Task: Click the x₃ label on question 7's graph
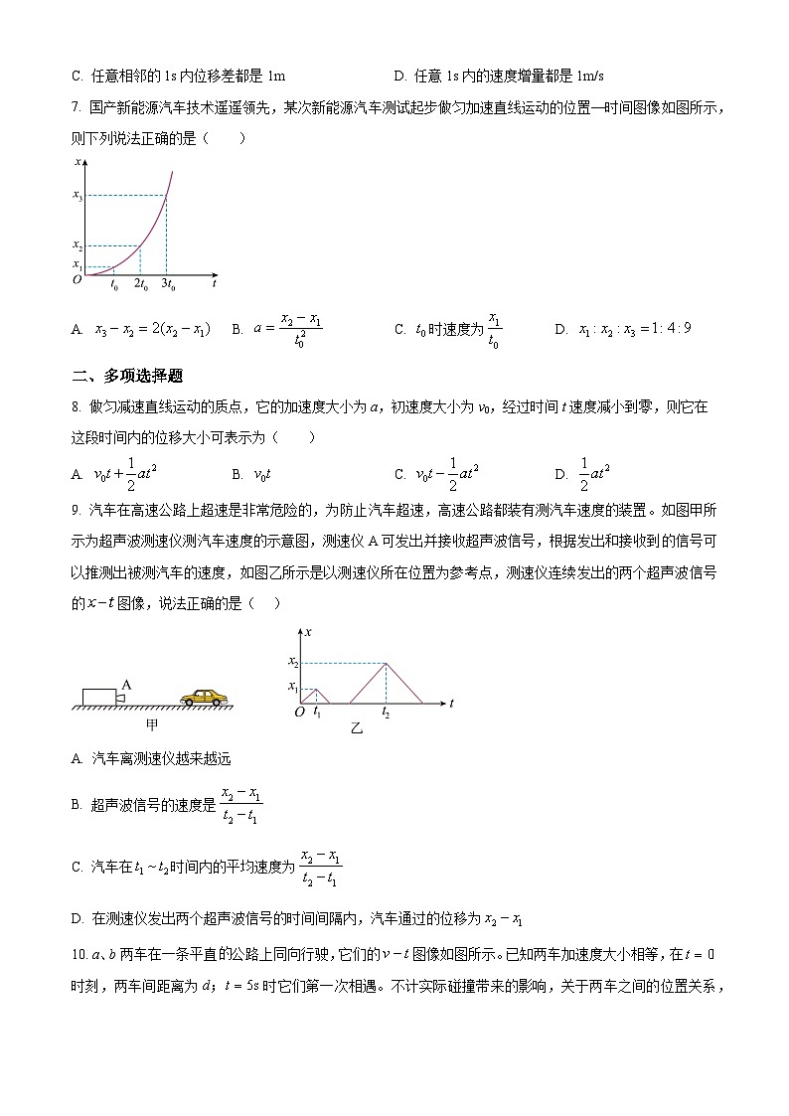point(78,196)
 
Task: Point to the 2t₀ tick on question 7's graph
point(139,285)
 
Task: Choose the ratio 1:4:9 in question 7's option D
point(634,330)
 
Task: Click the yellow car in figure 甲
point(204,698)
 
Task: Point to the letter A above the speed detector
point(126,684)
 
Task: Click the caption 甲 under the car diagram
point(151,725)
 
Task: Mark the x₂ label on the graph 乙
point(293,662)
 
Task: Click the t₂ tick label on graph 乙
point(386,714)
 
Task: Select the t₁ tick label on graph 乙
point(316,714)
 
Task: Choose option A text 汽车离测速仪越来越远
point(146,759)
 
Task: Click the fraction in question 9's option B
point(240,806)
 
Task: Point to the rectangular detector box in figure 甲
point(99,697)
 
